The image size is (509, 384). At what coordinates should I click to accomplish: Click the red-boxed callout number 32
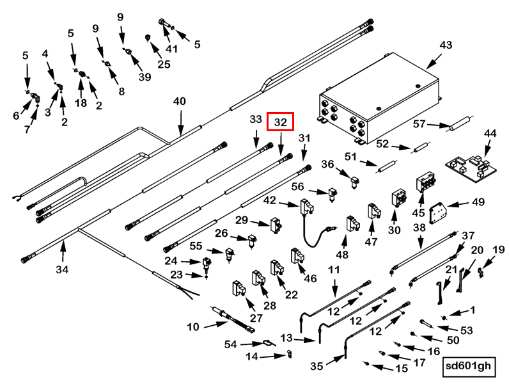(281, 122)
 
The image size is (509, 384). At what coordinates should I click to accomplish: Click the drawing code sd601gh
(469, 367)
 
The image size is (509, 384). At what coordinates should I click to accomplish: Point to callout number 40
(180, 102)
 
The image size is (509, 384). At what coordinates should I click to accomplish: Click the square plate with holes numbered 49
(439, 211)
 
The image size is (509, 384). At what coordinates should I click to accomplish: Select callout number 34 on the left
(61, 269)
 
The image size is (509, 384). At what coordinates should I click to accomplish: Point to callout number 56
(298, 186)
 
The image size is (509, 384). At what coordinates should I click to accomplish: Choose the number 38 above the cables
(419, 227)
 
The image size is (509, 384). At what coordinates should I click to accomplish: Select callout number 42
(270, 200)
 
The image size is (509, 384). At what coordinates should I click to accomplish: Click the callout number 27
(256, 318)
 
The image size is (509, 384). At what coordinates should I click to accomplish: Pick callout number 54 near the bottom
(230, 344)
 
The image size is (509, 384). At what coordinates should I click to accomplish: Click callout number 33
(256, 120)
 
